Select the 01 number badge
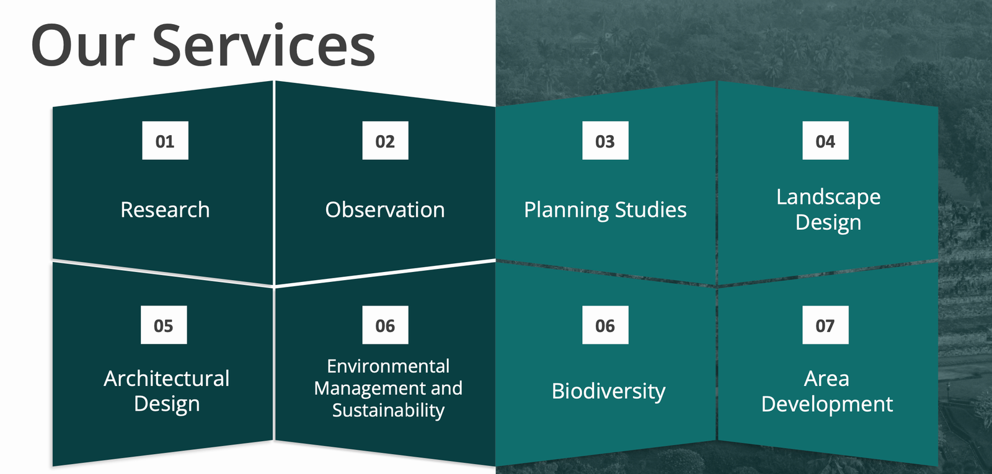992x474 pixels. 165,140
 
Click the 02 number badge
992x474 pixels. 385,140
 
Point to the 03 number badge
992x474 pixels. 605,140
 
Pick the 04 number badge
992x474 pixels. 825,140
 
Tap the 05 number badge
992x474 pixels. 164,325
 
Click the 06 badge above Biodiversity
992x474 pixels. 605,325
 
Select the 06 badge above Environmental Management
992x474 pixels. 385,325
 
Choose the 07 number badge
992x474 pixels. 825,325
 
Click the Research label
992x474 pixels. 165,209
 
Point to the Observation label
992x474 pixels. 385,209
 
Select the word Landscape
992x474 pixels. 828,198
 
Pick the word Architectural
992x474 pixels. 167,379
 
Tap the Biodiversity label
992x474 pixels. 608,392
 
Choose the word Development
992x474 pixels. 827,405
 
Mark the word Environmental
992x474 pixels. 388,366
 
